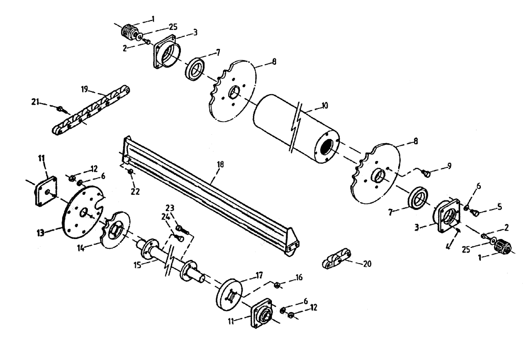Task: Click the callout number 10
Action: click(x=324, y=106)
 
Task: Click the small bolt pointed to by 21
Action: click(x=63, y=109)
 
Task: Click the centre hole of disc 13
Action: click(x=84, y=212)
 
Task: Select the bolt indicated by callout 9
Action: click(x=427, y=173)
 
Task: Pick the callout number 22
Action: click(x=135, y=192)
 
